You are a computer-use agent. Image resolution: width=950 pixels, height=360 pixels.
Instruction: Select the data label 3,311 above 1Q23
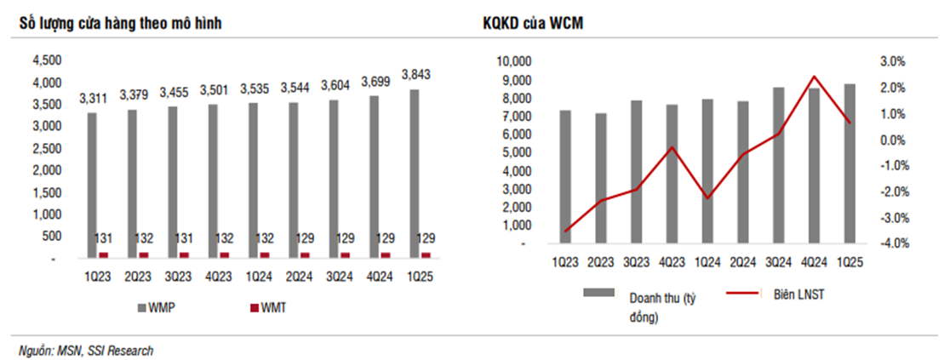pos(94,98)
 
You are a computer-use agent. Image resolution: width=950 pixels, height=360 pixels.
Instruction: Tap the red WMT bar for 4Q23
pos(225,254)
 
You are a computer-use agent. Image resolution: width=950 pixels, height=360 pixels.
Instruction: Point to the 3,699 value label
pos(375,81)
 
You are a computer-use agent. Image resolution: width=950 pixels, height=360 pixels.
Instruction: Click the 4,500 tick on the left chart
pos(46,61)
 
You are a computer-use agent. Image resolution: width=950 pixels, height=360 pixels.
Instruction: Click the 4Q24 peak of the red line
pos(814,77)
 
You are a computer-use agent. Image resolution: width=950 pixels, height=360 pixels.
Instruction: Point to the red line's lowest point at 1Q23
pos(566,231)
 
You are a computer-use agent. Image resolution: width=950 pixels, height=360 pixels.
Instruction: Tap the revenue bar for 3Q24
pos(778,165)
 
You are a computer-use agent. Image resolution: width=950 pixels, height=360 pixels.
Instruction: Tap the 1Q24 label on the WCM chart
pos(707,262)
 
